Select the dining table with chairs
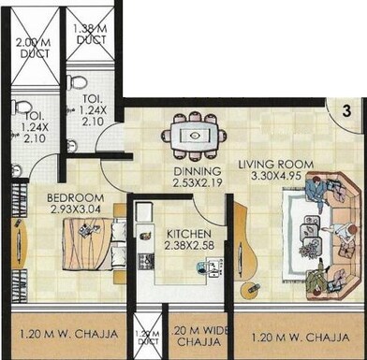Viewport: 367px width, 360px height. click(193, 134)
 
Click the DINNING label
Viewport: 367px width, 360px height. click(195, 172)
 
